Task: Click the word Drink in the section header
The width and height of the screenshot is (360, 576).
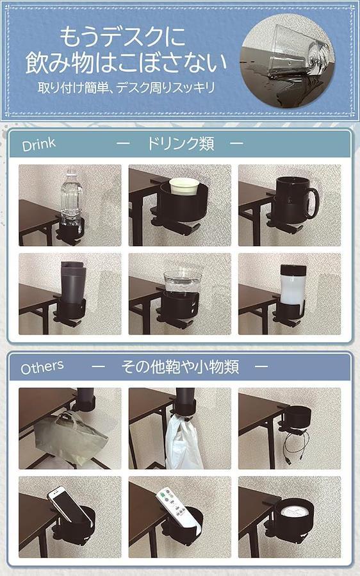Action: pyautogui.click(x=38, y=144)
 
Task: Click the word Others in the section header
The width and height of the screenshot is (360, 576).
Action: pyautogui.click(x=42, y=367)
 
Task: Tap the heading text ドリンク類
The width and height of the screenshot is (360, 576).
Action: pyautogui.click(x=181, y=144)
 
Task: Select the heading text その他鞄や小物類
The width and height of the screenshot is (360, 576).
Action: pyautogui.click(x=181, y=366)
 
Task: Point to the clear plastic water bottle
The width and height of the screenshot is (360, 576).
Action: pyautogui.click(x=71, y=199)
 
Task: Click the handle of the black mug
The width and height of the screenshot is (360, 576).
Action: pyautogui.click(x=313, y=202)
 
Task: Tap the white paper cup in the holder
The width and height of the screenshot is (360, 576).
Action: pyautogui.click(x=184, y=186)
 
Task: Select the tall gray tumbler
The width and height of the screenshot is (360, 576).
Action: pyautogui.click(x=73, y=283)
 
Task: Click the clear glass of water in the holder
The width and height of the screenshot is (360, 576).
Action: pyautogui.click(x=182, y=283)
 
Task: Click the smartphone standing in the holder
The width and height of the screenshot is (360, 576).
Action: pyautogui.click(x=68, y=504)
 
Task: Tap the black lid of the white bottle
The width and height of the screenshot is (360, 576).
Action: pyautogui.click(x=293, y=270)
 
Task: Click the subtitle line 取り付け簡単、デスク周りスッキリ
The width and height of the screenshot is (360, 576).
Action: pyautogui.click(x=126, y=88)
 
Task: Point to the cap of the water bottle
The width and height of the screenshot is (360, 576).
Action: pyautogui.click(x=71, y=171)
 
